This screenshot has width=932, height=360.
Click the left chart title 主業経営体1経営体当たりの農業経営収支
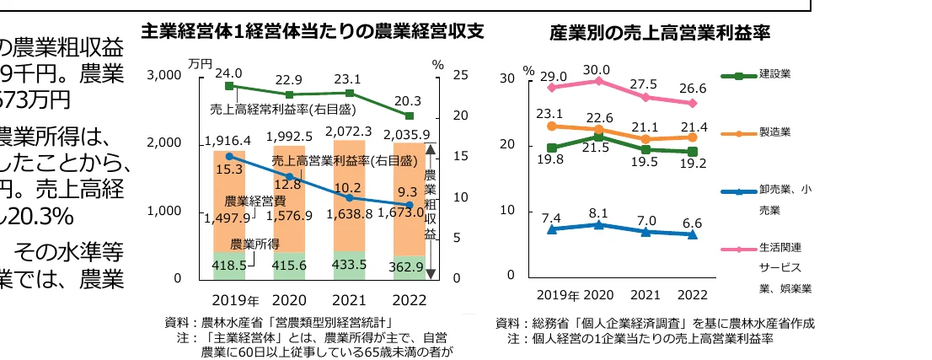[x=313, y=32]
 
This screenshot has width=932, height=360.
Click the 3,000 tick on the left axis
[x=165, y=75]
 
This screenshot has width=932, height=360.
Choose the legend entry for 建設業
[x=774, y=75]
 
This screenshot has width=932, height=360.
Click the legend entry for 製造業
[x=774, y=132]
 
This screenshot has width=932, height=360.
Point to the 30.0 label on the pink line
[x=597, y=69]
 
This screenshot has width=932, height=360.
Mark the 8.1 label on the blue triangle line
[x=597, y=212]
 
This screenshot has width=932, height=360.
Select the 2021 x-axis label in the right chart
[x=645, y=295]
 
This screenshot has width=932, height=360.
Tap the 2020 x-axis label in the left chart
[x=289, y=300]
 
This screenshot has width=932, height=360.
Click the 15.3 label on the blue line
[x=229, y=169]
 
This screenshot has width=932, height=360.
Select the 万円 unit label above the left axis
[x=200, y=63]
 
